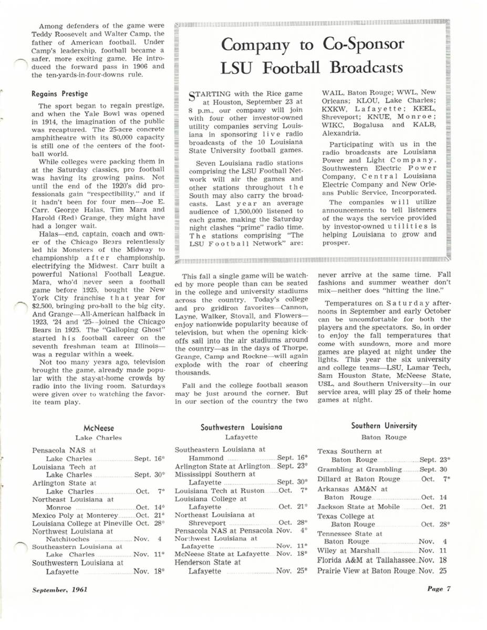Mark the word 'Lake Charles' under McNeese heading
pyautogui.click(x=98, y=437)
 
